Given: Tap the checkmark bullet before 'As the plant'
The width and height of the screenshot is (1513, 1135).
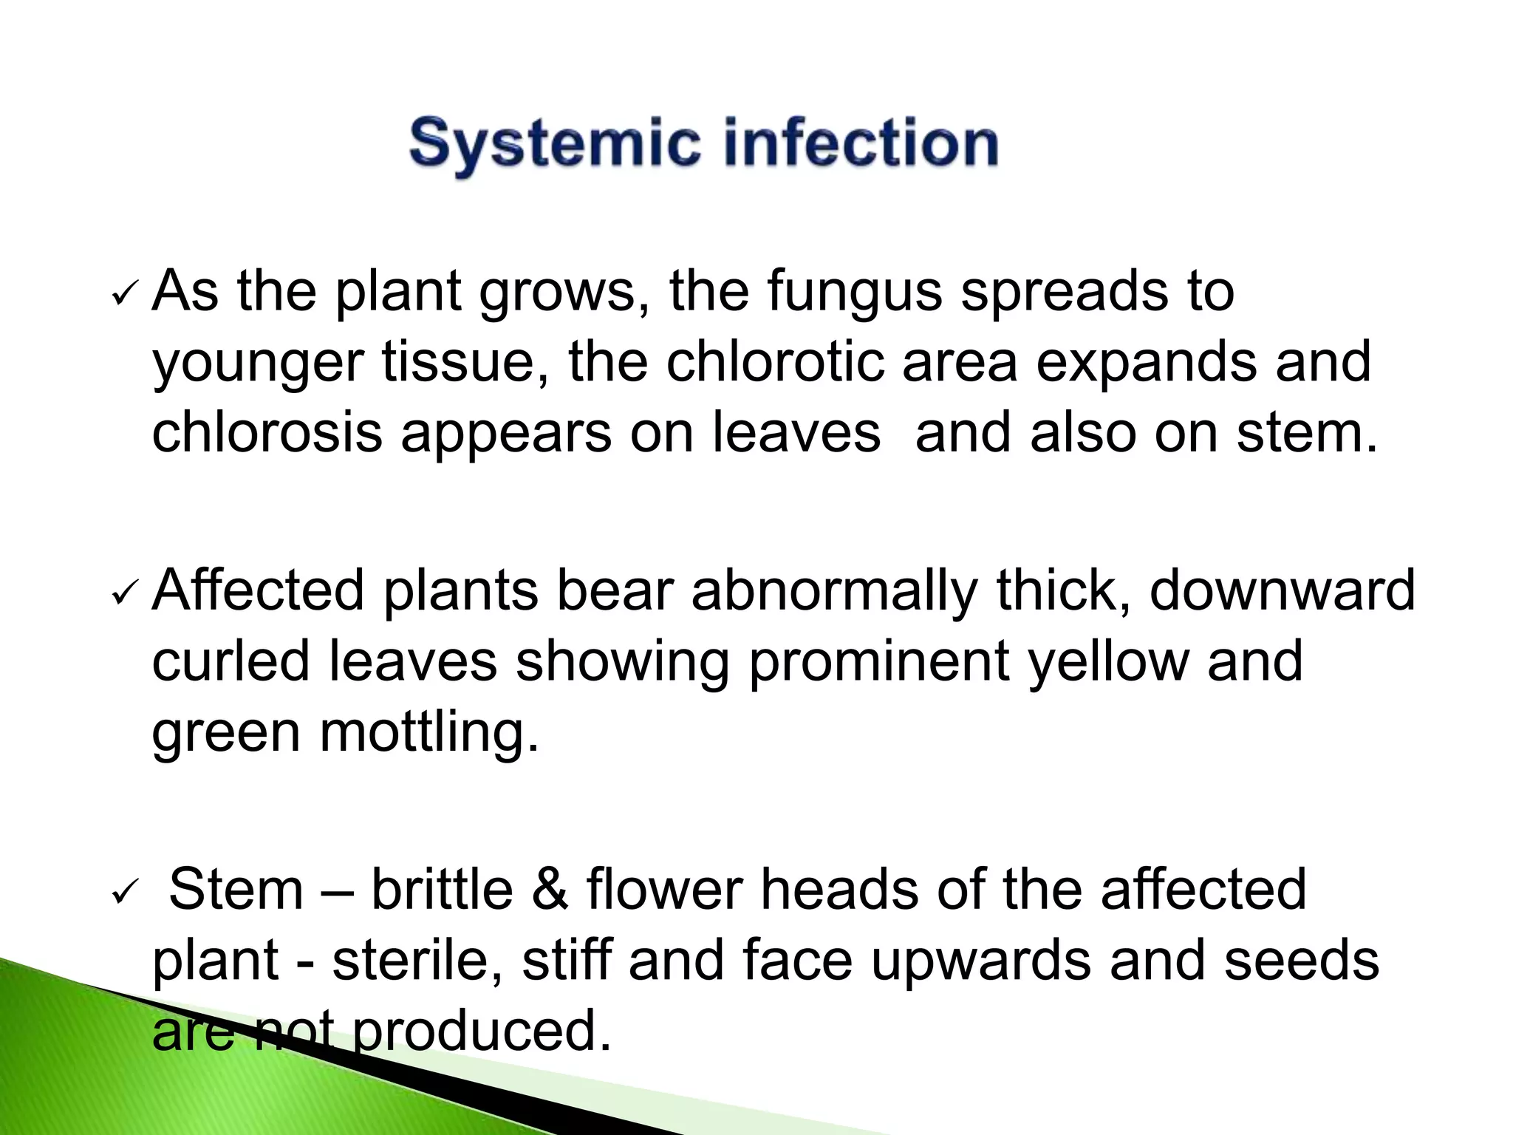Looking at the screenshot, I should [123, 296].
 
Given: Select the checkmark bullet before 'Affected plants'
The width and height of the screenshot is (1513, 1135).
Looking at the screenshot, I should [123, 593].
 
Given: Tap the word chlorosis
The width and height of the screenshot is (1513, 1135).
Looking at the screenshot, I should [267, 432].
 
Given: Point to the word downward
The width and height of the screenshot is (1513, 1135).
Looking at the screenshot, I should [1283, 590].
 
